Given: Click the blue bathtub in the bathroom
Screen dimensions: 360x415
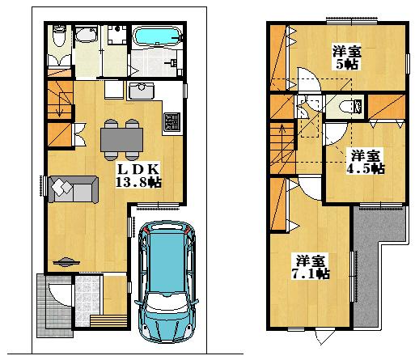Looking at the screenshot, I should click(x=155, y=38).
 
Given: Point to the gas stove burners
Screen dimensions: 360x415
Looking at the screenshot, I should click(x=172, y=121).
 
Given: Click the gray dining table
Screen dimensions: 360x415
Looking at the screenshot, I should click(x=121, y=140).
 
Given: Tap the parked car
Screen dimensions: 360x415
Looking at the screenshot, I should click(x=168, y=282).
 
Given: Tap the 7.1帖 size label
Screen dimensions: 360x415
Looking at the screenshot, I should click(x=311, y=274).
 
